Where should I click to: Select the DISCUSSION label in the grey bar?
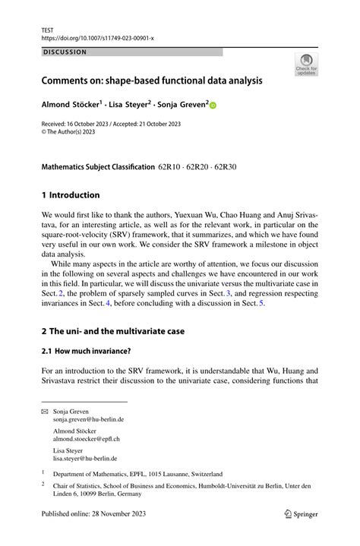coord(65,52)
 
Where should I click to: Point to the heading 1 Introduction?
coord(71,194)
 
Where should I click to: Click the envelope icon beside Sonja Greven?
coord(45,410)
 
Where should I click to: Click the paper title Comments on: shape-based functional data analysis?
coord(153,80)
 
